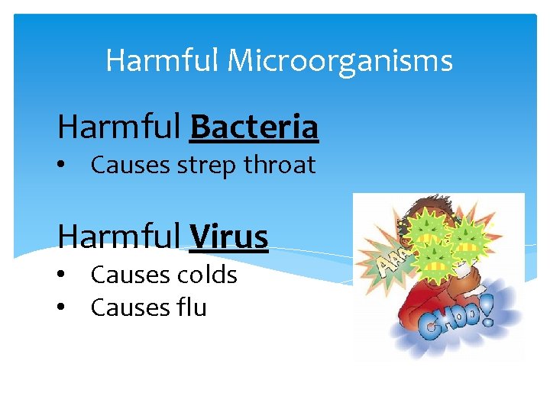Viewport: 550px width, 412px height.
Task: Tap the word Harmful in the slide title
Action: pos(162,60)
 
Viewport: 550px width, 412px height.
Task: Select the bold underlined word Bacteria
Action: pos(254,127)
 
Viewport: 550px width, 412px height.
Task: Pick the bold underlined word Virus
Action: pos(228,237)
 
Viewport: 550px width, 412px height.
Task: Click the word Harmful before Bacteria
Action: pos(119,127)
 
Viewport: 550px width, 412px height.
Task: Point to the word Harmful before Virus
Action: pos(119,237)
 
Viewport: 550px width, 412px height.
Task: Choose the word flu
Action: pos(191,307)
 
